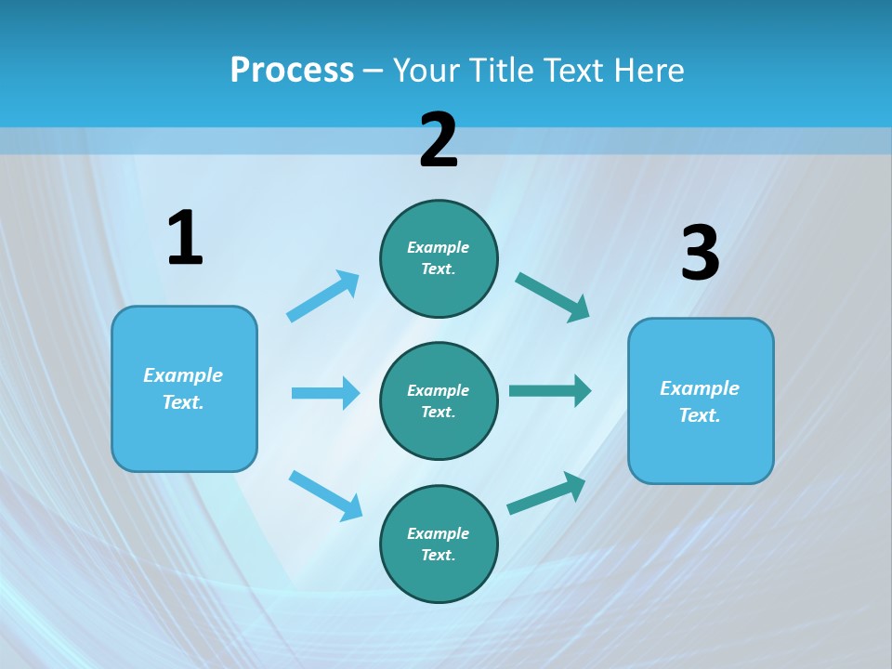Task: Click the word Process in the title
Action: (x=292, y=71)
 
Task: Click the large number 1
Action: (x=185, y=238)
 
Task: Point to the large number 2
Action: (x=439, y=140)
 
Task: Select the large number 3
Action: (x=700, y=254)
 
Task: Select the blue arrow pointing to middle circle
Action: (x=325, y=393)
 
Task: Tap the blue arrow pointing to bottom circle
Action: (x=325, y=495)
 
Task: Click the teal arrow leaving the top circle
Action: (x=553, y=296)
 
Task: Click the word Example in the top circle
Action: (x=439, y=247)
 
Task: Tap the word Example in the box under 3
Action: (x=700, y=388)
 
